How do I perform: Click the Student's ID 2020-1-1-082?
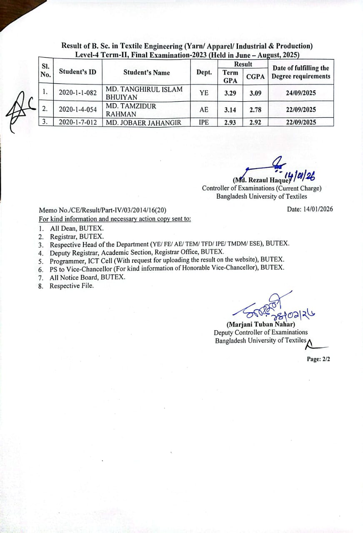tap(78, 93)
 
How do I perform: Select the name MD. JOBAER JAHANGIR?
tap(144, 122)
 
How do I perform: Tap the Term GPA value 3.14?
tap(230, 110)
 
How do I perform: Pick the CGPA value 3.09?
tap(255, 93)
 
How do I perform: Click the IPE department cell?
tap(204, 122)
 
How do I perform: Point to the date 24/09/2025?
tap(301, 93)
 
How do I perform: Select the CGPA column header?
tap(255, 77)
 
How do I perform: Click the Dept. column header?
tap(204, 72)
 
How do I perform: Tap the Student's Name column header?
tap(147, 72)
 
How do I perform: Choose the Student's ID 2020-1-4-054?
tap(78, 110)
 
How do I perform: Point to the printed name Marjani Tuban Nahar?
tap(261, 324)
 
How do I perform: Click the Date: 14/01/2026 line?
tap(310, 209)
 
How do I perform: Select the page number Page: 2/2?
tap(318, 359)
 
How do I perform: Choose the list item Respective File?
tap(72, 286)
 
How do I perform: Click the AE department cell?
tap(204, 110)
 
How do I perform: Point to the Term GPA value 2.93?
tap(230, 122)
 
